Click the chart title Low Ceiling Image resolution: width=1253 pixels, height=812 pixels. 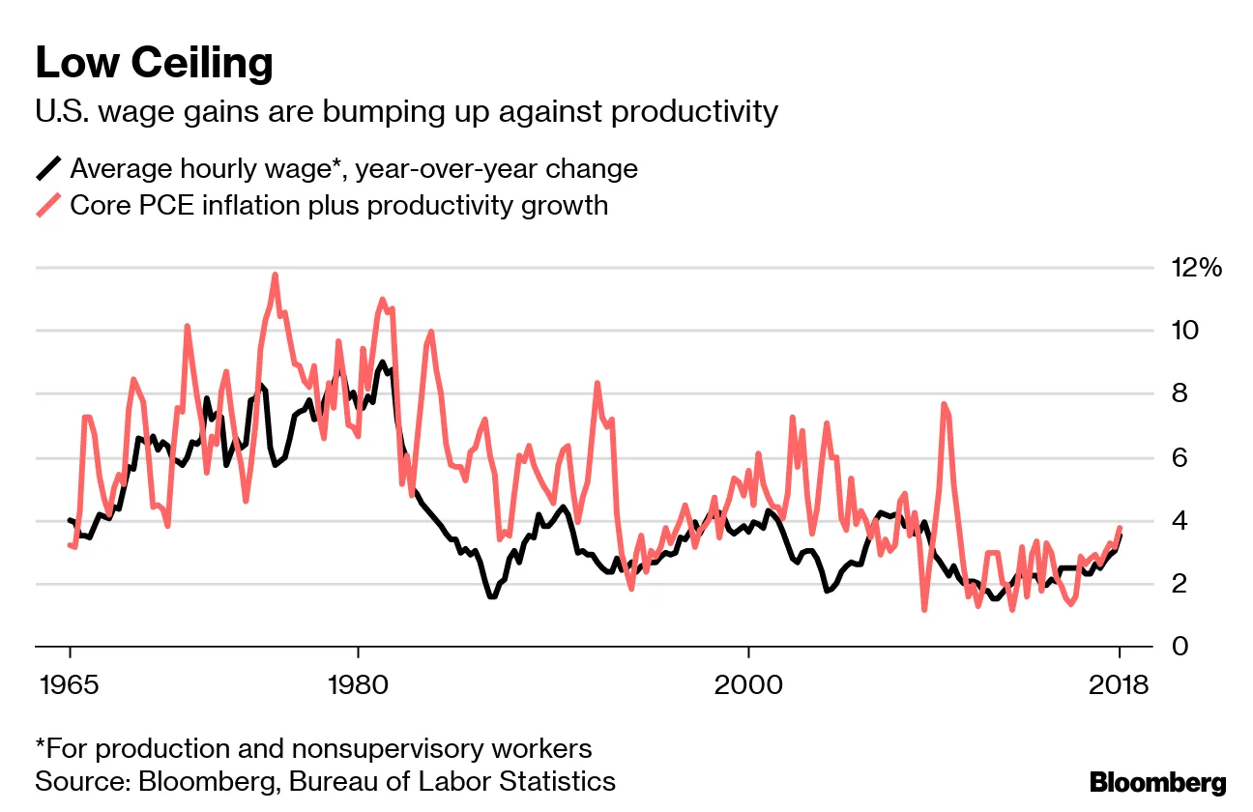point(154,64)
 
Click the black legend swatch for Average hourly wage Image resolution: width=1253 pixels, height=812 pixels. point(48,168)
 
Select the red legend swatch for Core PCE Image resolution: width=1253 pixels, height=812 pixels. point(48,205)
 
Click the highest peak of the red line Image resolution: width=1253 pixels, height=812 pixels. point(276,275)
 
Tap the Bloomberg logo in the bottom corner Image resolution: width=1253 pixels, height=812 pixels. point(1157,783)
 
